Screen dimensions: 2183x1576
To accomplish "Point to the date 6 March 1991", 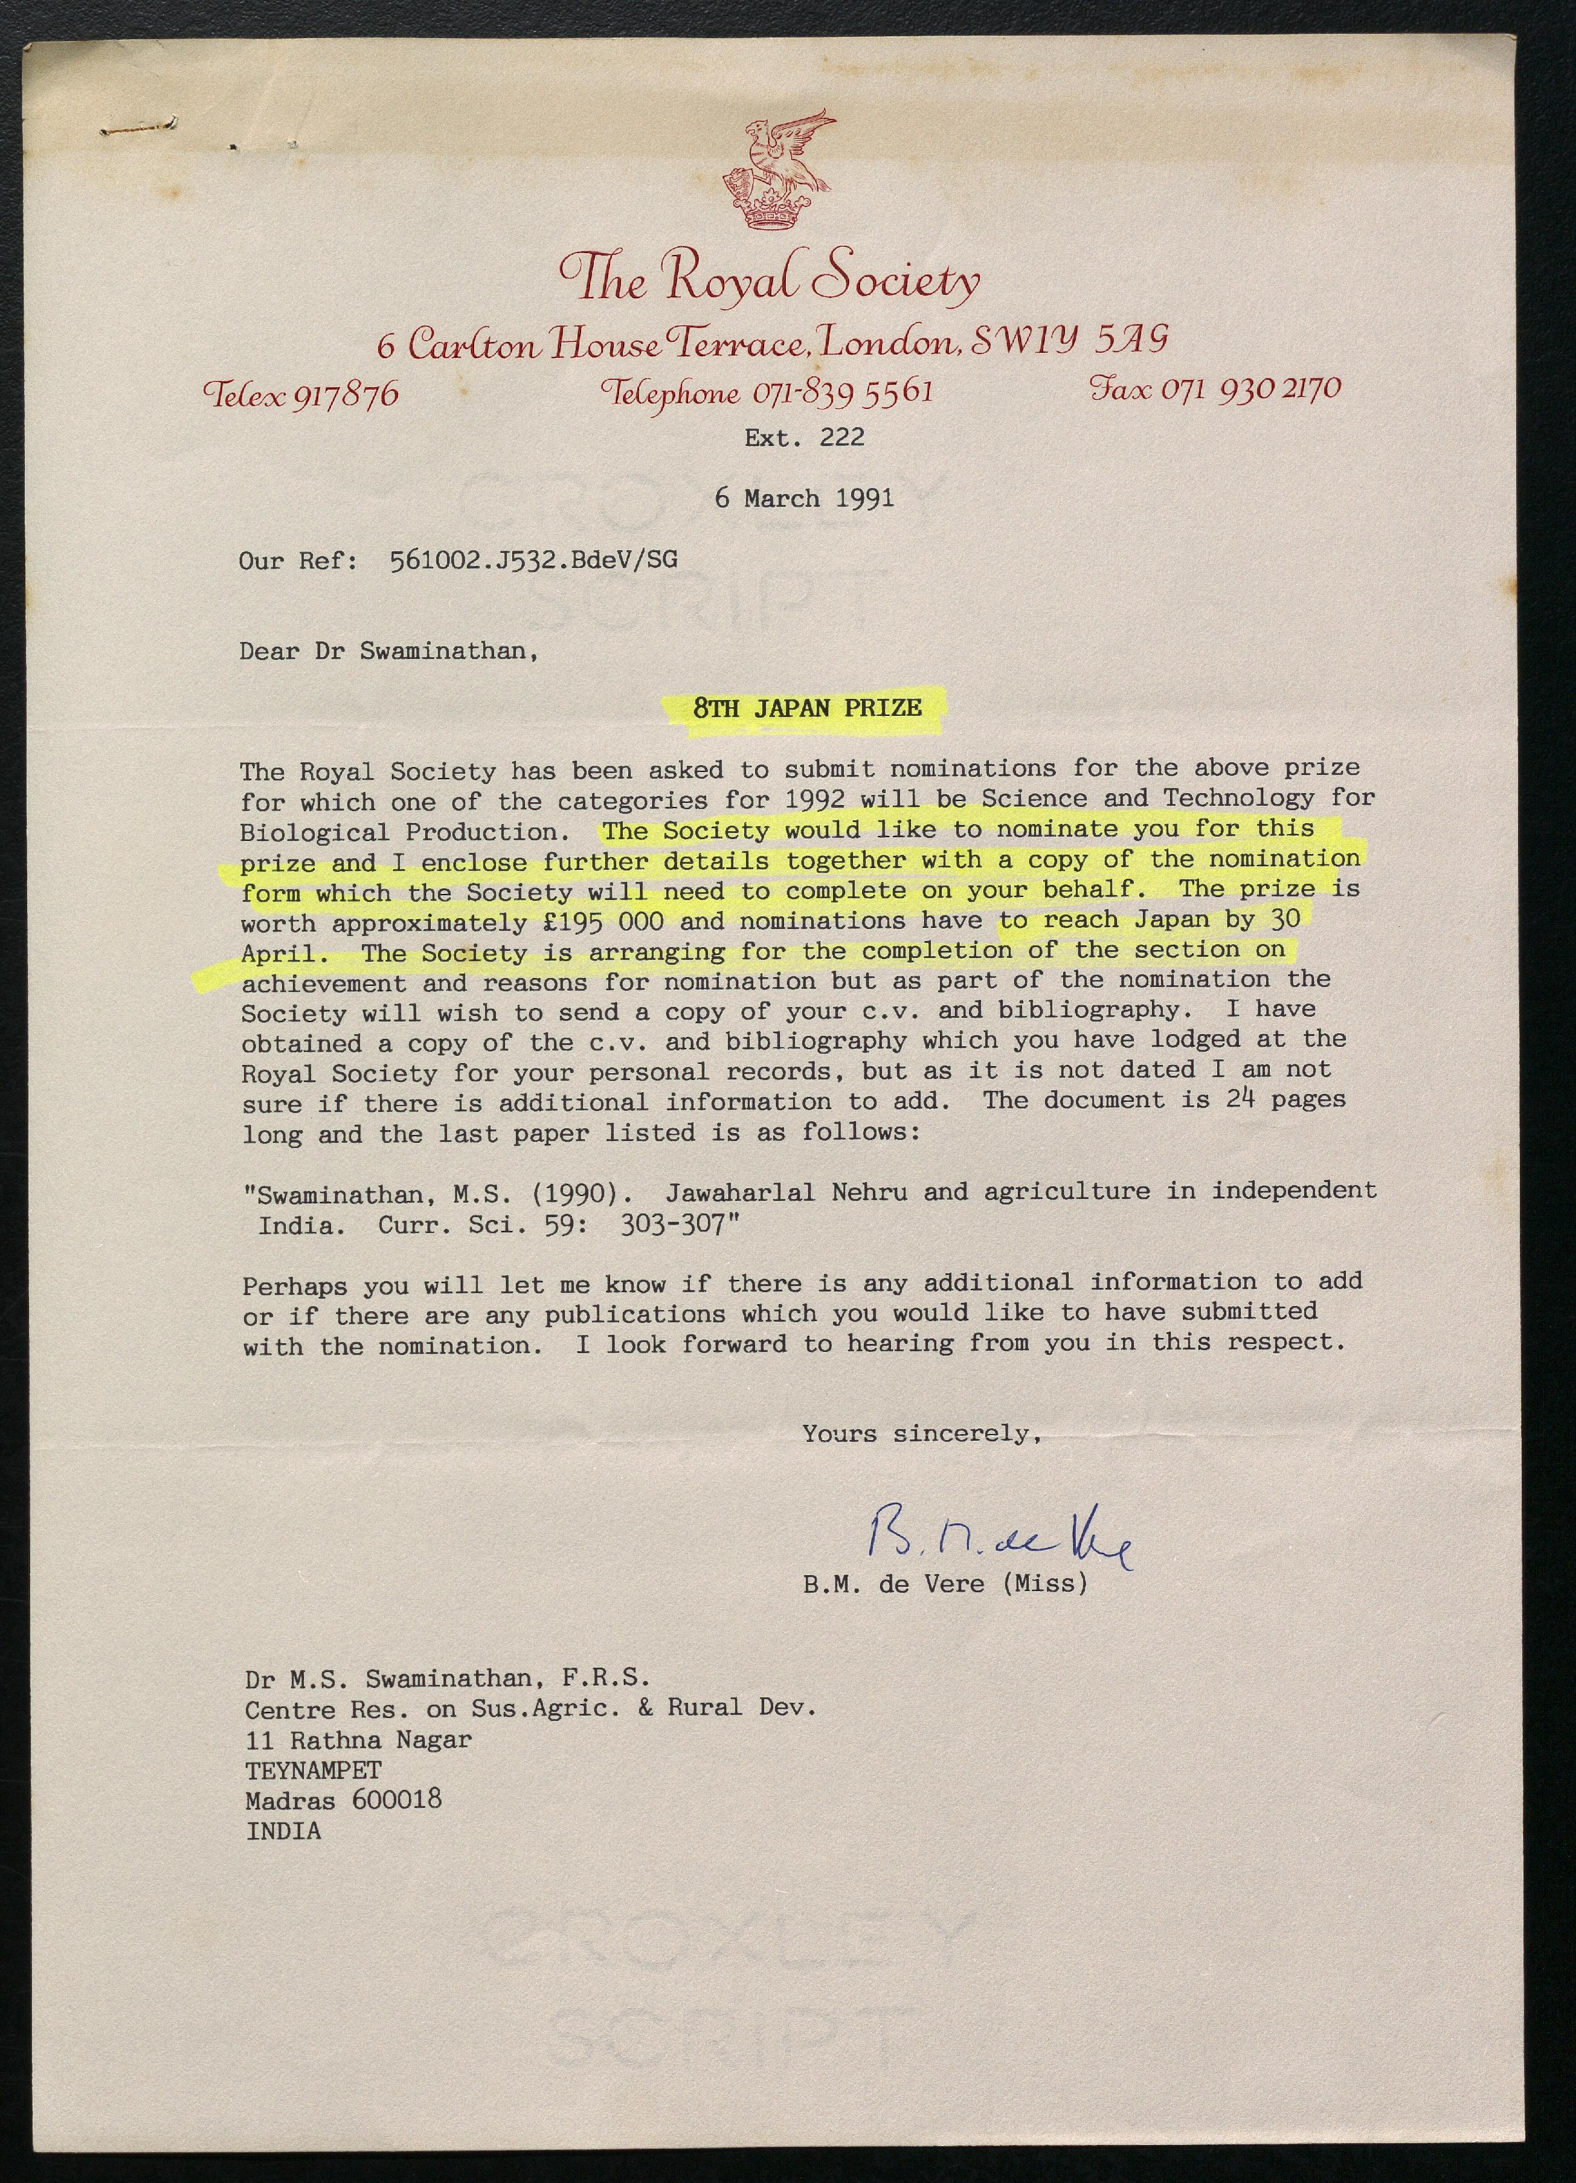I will (804, 498).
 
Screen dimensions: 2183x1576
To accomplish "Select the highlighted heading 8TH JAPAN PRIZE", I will (807, 709).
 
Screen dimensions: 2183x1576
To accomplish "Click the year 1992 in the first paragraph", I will (814, 800).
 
